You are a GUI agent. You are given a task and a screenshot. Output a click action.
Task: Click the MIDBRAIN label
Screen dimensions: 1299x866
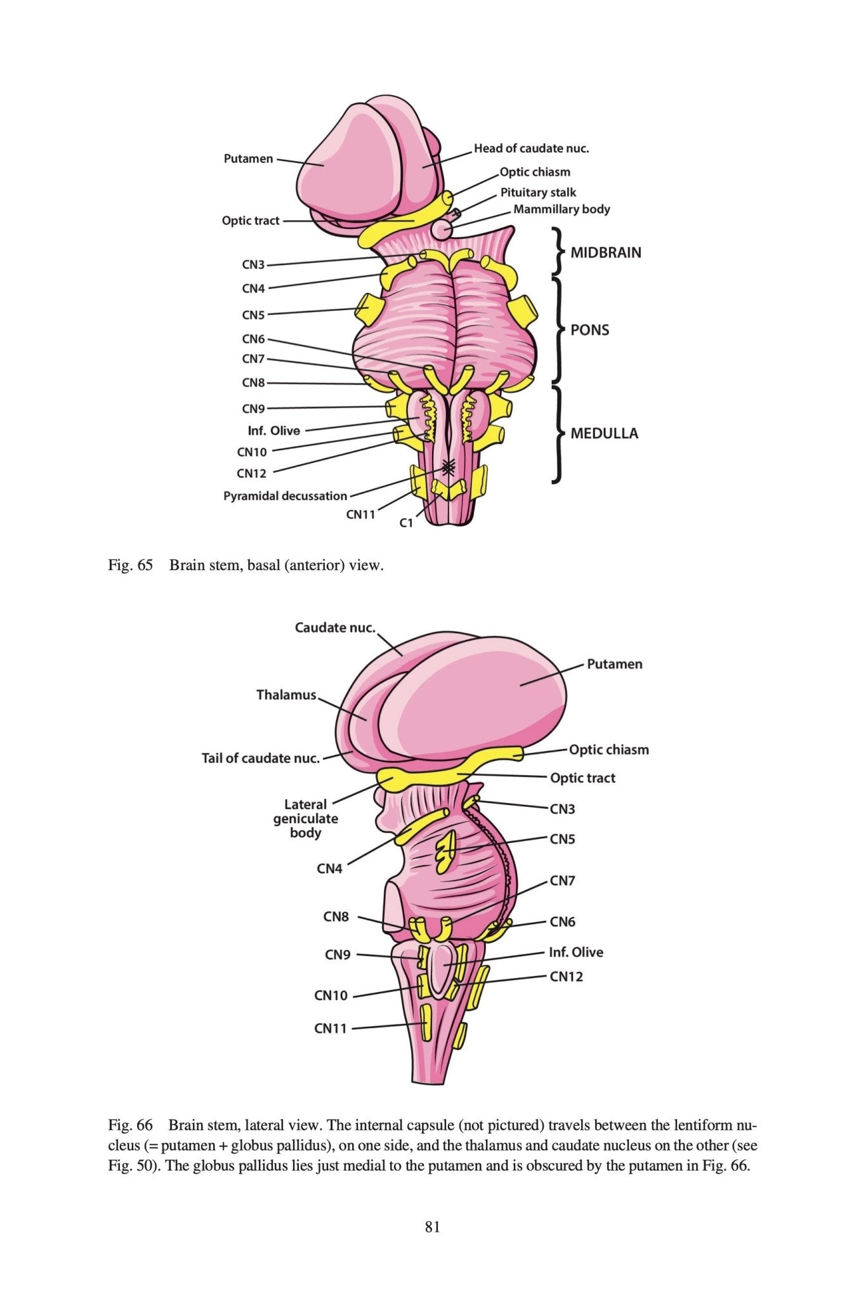(605, 252)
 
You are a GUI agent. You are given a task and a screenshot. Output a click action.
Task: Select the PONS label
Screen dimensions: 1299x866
(589, 330)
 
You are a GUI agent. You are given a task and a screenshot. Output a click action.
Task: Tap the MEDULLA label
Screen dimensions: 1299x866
(604, 434)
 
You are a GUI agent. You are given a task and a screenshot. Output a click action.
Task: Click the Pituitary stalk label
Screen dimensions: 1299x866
(538, 192)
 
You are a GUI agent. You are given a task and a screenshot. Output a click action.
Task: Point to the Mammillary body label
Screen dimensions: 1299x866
(561, 209)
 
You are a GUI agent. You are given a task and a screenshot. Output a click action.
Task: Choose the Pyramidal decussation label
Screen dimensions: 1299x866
(285, 496)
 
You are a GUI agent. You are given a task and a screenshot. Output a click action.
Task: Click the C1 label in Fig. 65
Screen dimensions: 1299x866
(406, 523)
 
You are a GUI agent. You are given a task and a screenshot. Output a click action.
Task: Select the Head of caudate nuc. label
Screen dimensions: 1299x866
(531, 148)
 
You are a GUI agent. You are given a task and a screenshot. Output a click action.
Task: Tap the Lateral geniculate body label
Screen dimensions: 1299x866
(305, 818)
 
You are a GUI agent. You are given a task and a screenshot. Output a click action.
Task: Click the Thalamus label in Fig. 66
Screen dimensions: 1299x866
(285, 695)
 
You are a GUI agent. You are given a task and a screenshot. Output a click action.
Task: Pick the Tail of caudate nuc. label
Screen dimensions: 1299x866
(260, 758)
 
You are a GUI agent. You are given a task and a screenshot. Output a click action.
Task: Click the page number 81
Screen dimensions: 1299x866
(433, 1227)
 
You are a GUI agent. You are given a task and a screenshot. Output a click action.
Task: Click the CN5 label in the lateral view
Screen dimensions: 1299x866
(562, 839)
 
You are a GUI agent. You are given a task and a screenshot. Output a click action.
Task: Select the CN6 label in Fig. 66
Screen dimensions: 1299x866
(562, 922)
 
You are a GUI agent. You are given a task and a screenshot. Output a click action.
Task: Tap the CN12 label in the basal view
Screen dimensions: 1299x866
(251, 473)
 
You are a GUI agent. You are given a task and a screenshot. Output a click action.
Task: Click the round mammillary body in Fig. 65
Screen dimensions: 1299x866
(440, 229)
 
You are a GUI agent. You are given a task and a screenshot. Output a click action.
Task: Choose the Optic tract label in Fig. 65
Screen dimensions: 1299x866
(251, 221)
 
